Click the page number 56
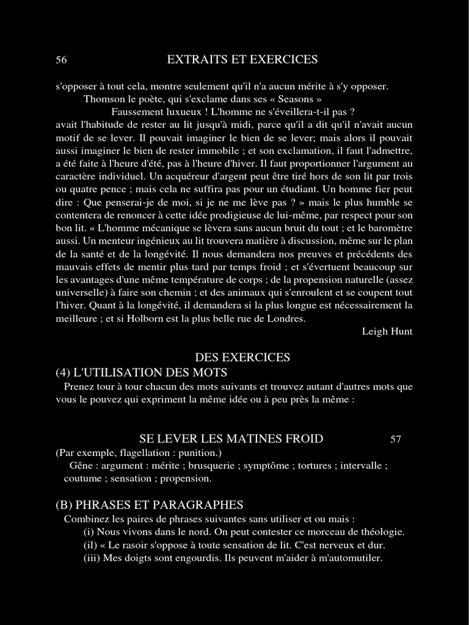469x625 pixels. (x=61, y=60)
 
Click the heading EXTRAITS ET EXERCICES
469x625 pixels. (x=242, y=59)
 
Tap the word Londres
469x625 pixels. (x=286, y=318)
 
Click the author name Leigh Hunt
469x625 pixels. (x=387, y=331)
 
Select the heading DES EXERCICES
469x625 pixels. (x=242, y=357)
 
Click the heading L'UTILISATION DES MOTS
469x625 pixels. (x=151, y=372)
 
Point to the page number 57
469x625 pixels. (x=396, y=439)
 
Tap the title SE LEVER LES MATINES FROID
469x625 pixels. (x=231, y=438)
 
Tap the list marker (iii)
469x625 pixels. (x=93, y=558)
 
